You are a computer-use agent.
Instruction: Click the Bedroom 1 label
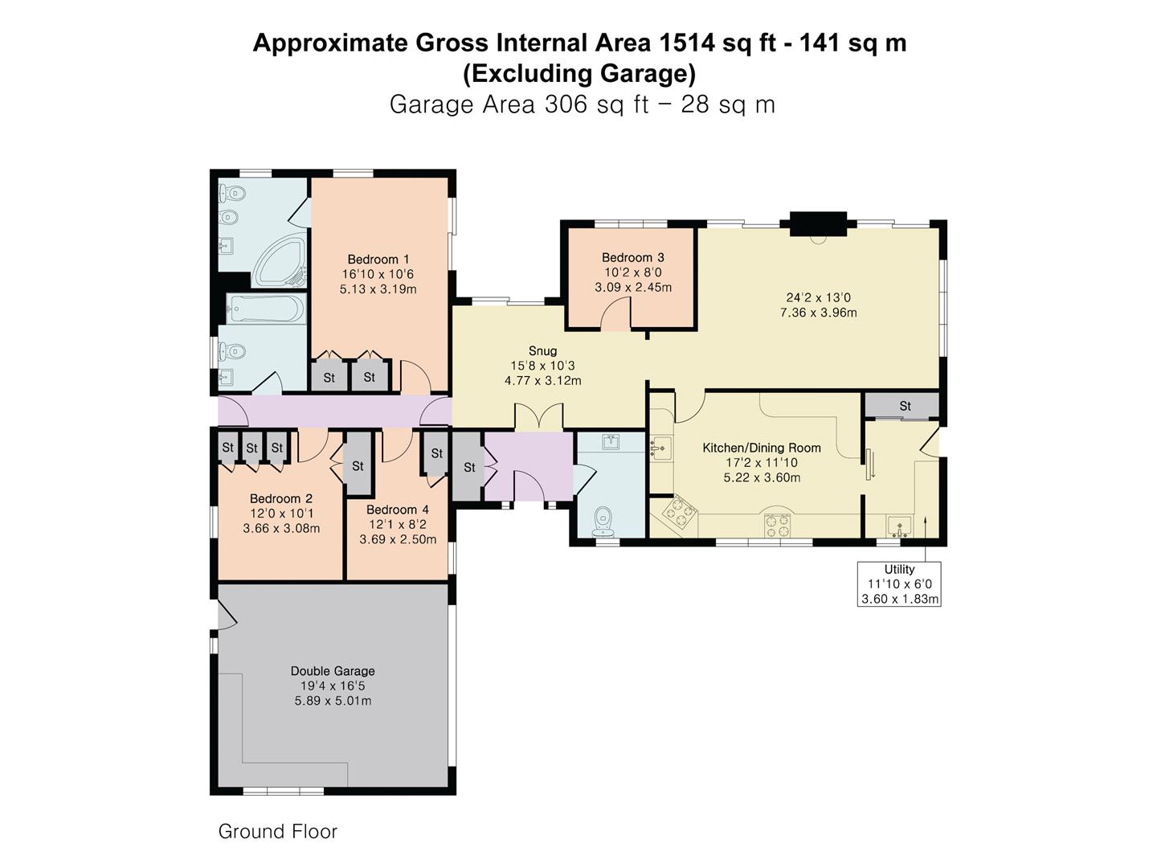pos(378,260)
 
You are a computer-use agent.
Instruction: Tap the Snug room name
pos(542,351)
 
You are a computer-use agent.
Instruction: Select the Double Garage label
pos(333,671)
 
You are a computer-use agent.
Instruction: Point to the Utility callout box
pos(899,584)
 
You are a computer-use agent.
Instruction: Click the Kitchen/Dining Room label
pos(762,448)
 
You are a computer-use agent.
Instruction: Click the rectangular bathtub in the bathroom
pos(266,309)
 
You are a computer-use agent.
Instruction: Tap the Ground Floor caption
pos(277,831)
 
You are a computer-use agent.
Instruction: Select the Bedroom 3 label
pos(632,258)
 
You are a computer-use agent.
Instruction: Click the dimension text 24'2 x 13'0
pos(818,297)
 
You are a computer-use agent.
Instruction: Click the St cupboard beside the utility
pos(902,406)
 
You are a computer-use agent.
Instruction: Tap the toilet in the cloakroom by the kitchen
pos(603,518)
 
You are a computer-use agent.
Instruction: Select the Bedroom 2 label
pos(281,498)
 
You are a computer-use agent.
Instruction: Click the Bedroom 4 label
pos(398,510)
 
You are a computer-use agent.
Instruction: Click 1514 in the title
pos(686,43)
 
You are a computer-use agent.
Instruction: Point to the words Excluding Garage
pos(579,73)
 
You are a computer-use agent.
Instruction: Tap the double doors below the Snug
pos(538,417)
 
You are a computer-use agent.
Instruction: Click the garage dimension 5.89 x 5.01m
pos(333,701)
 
